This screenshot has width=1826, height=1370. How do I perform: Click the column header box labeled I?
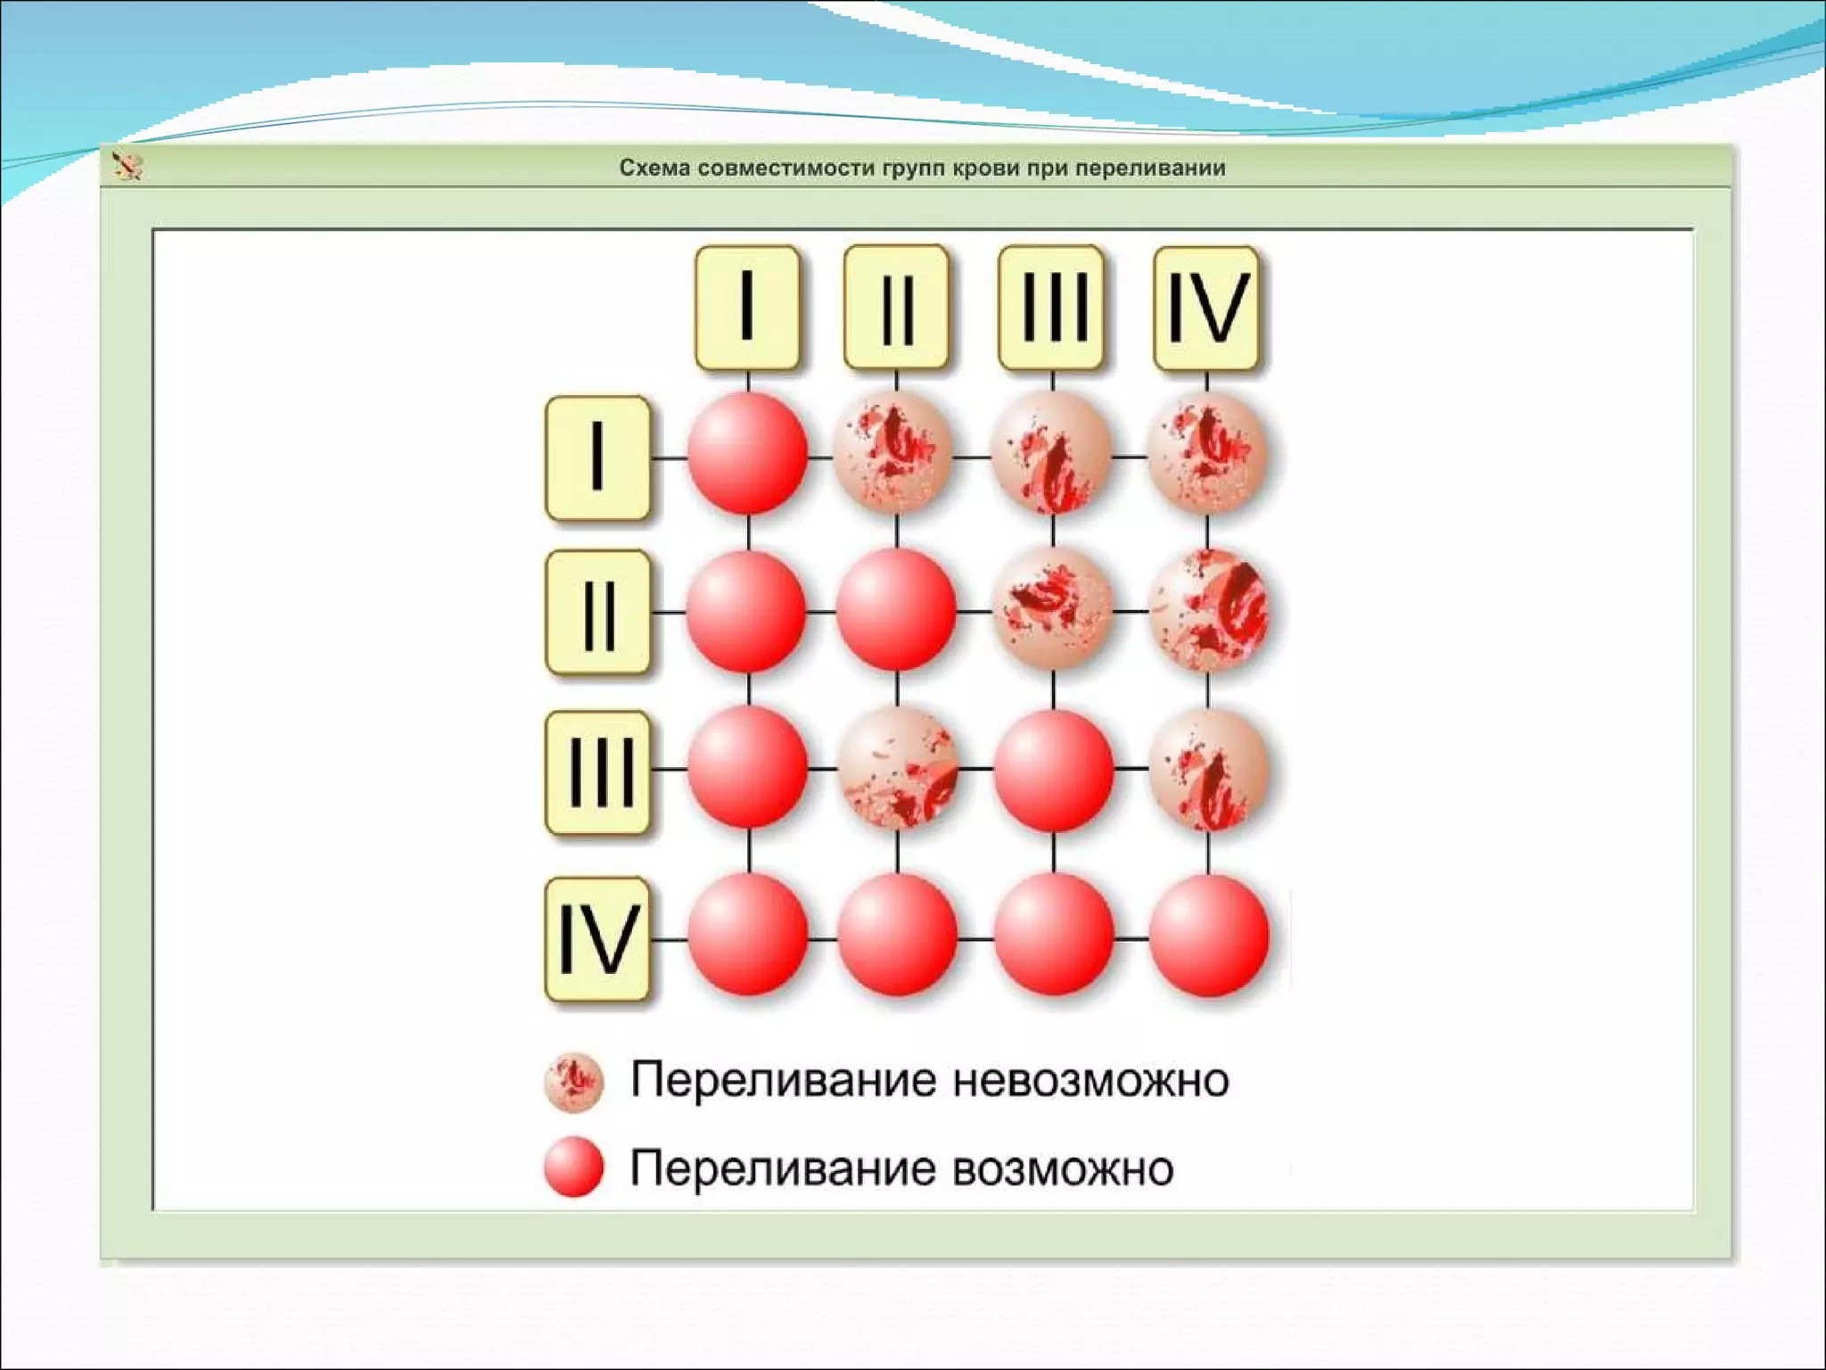[747, 308]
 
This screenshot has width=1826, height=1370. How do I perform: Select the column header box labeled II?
[896, 308]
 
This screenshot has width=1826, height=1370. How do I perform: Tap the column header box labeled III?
[1052, 308]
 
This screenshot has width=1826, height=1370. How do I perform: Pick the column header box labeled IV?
[1206, 308]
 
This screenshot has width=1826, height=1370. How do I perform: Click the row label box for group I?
[597, 458]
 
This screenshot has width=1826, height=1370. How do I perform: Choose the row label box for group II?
[597, 613]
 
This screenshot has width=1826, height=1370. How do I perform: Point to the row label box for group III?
[597, 772]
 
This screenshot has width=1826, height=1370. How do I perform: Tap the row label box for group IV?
[597, 939]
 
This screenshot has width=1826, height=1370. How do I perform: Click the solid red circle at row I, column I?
[747, 454]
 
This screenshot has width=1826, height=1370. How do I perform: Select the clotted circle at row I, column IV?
[1206, 454]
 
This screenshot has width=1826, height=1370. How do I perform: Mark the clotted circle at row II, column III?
[1052, 610]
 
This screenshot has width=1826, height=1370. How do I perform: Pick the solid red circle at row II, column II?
[896, 610]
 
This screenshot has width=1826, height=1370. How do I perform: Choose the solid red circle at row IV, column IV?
[1208, 936]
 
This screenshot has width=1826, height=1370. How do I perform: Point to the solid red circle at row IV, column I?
[747, 936]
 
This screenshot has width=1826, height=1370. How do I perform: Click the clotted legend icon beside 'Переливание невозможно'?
[574, 1082]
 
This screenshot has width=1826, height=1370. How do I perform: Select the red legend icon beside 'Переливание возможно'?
[574, 1167]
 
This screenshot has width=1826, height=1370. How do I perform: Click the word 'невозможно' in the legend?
[1090, 1080]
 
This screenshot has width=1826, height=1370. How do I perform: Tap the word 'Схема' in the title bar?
[654, 168]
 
